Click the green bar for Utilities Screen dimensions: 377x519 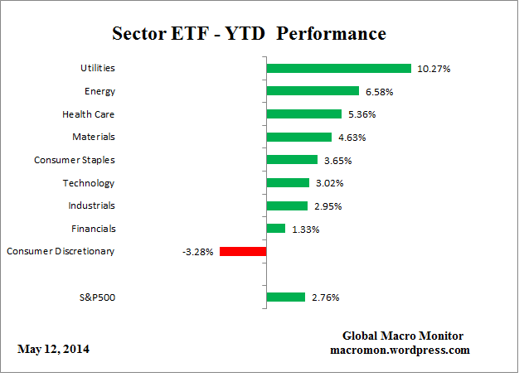point(338,69)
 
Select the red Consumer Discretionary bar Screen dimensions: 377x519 point(242,251)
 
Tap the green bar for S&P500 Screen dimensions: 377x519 point(285,297)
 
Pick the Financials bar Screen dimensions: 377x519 point(275,228)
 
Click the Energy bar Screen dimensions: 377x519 point(312,91)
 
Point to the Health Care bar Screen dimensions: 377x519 point(303,114)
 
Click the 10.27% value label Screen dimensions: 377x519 point(434,69)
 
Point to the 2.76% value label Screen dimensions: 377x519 point(324,297)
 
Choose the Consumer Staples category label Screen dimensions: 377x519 point(74,160)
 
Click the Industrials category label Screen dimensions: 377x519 point(91,205)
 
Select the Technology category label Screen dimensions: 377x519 point(89,183)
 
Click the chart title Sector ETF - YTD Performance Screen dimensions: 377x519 point(249,34)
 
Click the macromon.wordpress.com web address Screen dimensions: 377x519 point(400,350)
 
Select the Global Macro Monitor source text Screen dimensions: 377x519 point(403,336)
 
